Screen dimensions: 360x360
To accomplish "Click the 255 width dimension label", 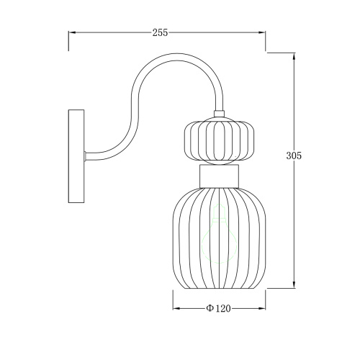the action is (x=160, y=32).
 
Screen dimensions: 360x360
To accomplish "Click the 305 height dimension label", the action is (x=294, y=156).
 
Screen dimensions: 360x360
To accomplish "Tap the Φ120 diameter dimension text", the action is (x=218, y=308).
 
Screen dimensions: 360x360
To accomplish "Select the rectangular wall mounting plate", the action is (x=76, y=156).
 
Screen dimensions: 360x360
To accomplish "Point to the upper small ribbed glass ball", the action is (x=219, y=141).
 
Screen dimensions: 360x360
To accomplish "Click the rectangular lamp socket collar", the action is (x=219, y=176).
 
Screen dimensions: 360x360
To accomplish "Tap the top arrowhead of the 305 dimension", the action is (x=294, y=56).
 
